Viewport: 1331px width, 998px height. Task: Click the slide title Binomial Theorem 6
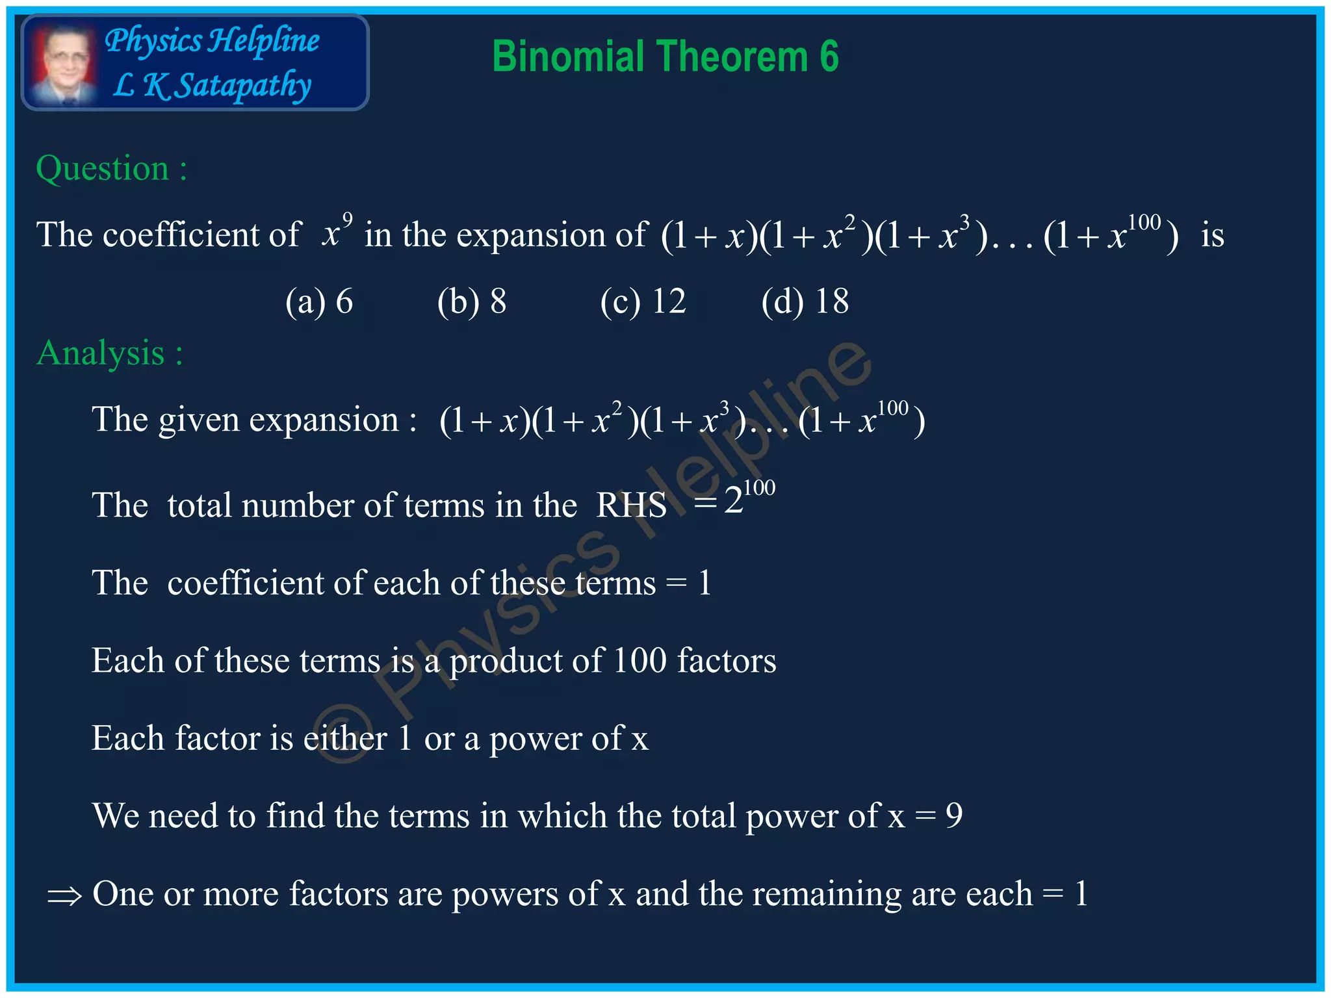click(x=665, y=57)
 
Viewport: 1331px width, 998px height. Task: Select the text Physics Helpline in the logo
click(x=212, y=41)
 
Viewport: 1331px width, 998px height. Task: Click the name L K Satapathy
click(x=212, y=85)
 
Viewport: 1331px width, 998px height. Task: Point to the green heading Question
click(x=111, y=169)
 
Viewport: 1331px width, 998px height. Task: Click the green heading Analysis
click(x=109, y=353)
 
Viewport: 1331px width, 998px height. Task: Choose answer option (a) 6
click(x=319, y=301)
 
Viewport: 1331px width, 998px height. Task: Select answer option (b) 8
click(x=472, y=301)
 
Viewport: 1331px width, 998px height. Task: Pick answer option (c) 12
click(x=643, y=301)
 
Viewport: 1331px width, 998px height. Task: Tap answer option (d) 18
click(x=805, y=301)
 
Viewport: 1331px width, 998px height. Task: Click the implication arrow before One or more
click(x=64, y=897)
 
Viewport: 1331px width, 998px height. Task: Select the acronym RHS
click(x=631, y=505)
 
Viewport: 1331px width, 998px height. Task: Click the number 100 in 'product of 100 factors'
click(x=640, y=661)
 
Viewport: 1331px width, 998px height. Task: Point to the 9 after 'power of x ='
click(x=953, y=816)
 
